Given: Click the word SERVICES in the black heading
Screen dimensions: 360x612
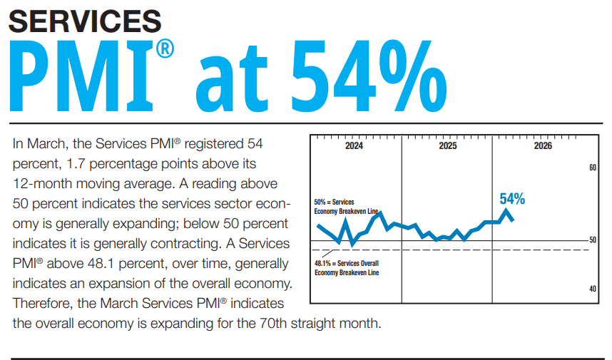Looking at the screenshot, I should tap(84, 21).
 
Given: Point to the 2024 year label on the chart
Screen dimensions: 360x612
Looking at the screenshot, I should tap(353, 146).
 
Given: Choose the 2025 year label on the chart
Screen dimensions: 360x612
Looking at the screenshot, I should tap(447, 146).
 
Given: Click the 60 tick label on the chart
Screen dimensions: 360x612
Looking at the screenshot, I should tap(592, 168).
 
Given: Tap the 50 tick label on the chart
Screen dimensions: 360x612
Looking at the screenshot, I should tap(592, 240).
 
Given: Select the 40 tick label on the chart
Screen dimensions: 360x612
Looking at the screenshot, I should tap(592, 289).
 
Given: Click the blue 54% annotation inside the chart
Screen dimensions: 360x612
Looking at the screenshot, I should tap(512, 199).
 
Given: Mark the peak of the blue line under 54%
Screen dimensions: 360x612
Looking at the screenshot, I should tap(506, 210).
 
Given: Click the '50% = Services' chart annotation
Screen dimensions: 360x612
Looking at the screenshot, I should tap(334, 202).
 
